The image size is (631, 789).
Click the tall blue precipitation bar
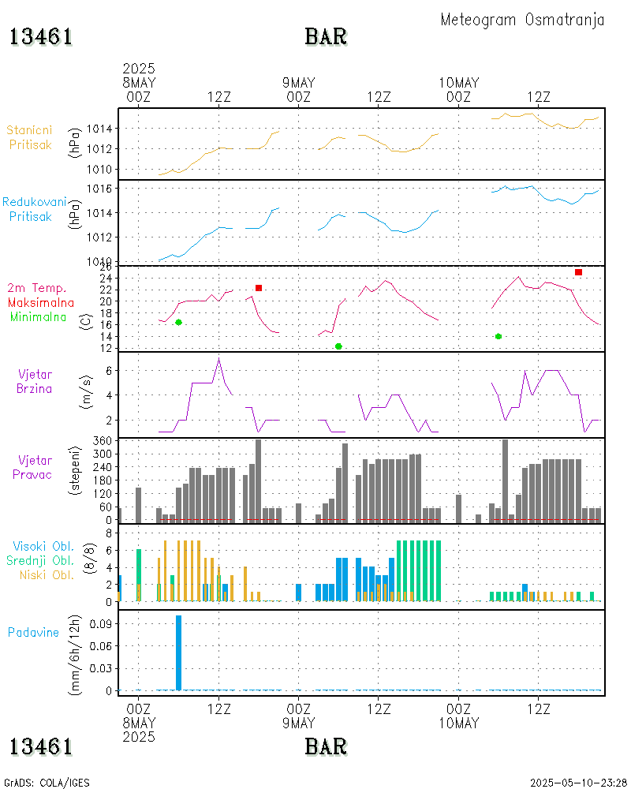(x=179, y=653)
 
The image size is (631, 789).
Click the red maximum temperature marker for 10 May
(x=578, y=272)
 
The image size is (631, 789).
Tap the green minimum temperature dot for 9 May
(x=338, y=346)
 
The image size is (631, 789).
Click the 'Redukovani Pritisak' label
(x=34, y=209)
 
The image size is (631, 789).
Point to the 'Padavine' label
(x=34, y=632)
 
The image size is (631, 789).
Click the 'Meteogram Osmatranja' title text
(x=522, y=20)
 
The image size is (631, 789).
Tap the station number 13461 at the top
(x=41, y=36)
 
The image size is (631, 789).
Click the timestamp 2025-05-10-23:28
(x=578, y=783)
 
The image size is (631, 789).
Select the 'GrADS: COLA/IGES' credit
(x=47, y=783)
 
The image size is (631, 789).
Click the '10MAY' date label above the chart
(x=458, y=83)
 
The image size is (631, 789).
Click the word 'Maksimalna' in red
(x=41, y=302)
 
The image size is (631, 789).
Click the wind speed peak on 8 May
(x=218, y=359)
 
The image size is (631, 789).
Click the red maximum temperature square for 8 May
(x=259, y=288)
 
